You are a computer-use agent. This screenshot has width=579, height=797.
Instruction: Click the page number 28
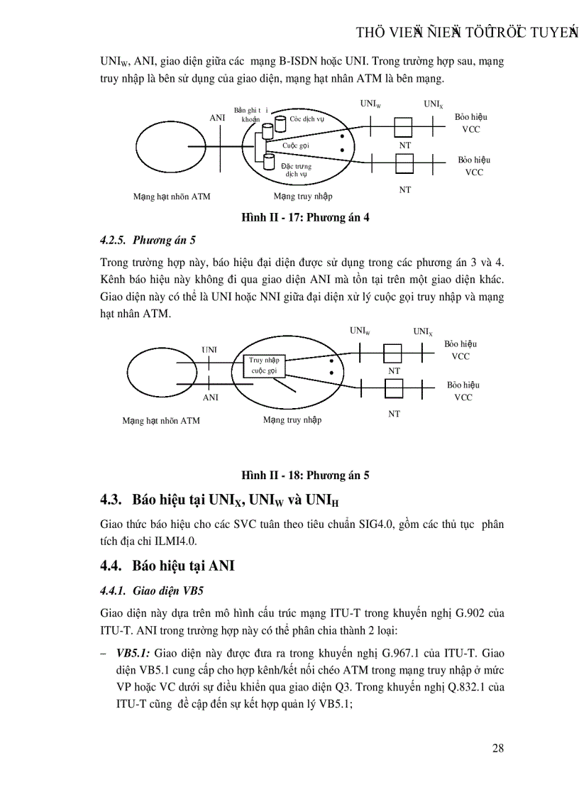coord(497,749)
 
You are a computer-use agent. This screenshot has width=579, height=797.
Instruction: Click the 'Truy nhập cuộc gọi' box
coord(264,365)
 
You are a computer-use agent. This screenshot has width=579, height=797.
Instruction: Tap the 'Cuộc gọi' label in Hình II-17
coord(296,145)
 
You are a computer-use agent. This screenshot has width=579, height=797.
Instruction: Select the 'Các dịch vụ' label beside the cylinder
coord(307,119)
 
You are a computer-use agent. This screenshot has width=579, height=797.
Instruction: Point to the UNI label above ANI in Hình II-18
coord(209,350)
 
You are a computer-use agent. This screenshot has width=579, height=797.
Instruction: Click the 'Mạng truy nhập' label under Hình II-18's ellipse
coord(292,420)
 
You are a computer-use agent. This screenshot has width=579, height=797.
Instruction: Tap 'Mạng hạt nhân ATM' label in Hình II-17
coord(172,197)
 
